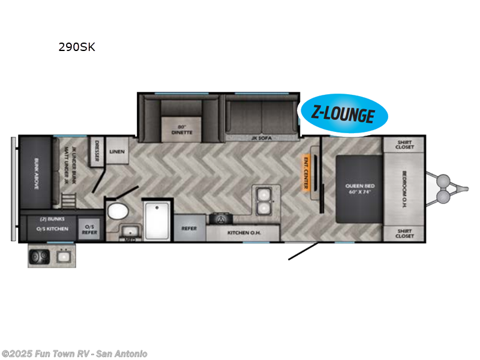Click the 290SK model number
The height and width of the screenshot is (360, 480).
point(77,47)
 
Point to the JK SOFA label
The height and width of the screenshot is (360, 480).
point(262,138)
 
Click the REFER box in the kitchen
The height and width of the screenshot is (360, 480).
point(190,228)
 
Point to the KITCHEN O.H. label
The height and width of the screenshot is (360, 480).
point(243,232)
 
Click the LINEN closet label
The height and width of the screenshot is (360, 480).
point(117,152)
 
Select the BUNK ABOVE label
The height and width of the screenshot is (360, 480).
point(35,175)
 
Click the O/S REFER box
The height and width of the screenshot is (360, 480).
point(89,229)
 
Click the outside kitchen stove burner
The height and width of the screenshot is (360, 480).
point(40,257)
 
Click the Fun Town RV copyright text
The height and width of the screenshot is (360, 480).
point(74,353)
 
